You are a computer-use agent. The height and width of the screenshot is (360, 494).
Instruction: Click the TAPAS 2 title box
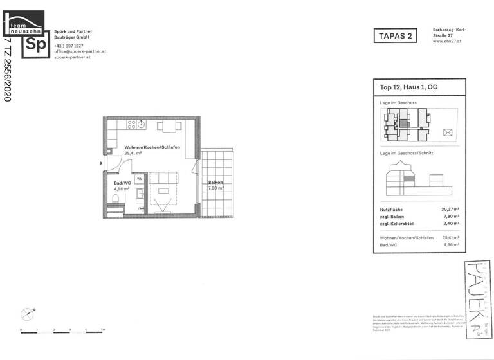tap(392, 36)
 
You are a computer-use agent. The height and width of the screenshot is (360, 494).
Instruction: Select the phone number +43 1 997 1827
tap(69, 46)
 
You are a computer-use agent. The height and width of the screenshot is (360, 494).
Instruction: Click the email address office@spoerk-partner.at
tap(80, 51)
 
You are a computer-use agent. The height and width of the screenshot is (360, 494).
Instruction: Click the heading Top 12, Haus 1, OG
tap(409, 87)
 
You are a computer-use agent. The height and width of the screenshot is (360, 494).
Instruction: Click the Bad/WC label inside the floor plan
tap(113, 183)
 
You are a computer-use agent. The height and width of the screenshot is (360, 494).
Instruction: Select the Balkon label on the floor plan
tap(215, 183)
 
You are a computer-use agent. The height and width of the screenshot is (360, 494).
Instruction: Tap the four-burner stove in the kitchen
tap(133, 124)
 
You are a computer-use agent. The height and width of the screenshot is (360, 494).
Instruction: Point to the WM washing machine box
tap(138, 179)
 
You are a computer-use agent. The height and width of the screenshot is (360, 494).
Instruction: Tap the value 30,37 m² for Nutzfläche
tap(450, 209)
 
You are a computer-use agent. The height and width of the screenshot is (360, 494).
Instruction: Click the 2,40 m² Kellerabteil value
tap(451, 223)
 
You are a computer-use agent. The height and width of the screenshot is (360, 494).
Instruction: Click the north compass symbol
tap(27, 314)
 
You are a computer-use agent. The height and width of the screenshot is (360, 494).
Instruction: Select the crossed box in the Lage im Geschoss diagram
tap(448, 132)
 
